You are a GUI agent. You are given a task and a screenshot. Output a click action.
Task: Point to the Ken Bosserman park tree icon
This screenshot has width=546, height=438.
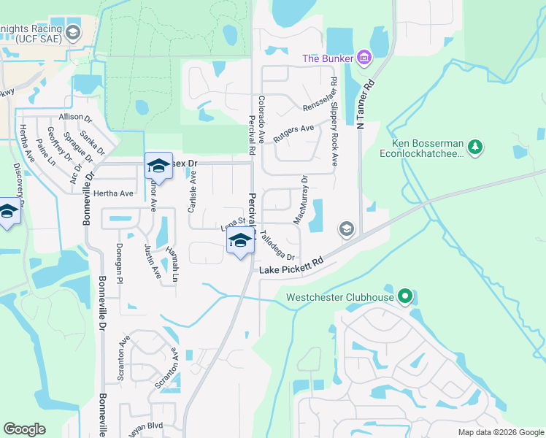pos(475,147)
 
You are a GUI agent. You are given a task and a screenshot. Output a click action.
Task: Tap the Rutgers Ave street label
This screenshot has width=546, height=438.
pos(293,132)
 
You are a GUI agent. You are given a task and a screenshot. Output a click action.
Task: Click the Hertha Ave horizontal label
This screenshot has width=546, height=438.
pos(114,193)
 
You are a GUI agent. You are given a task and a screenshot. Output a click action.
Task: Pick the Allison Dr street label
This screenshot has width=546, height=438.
pos(76,117)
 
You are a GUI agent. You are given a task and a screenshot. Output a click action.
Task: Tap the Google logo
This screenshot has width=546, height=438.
pos(24,429)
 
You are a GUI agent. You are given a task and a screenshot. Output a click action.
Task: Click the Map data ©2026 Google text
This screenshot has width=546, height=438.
pos(500,432)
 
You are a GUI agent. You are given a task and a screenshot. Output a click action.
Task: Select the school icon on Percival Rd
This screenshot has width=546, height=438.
pos(239,242)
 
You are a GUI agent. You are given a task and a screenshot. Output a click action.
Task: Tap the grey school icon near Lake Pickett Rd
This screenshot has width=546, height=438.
pos(345,230)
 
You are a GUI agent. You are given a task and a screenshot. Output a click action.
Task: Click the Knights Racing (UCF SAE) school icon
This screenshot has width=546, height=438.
pos(73,32)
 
